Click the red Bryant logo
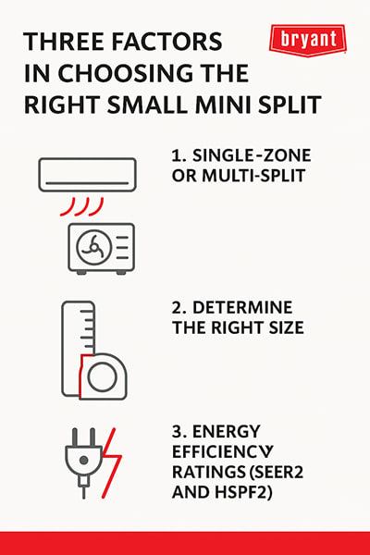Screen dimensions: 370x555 click(308, 40)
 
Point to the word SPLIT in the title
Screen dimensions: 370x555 click(290, 105)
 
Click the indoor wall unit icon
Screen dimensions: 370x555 click(88, 175)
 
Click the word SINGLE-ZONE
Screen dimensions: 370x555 click(252, 155)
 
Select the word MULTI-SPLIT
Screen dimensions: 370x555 click(253, 176)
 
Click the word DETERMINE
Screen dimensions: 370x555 click(242, 308)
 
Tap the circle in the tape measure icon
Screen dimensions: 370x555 click(103, 376)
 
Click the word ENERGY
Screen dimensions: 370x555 click(227, 431)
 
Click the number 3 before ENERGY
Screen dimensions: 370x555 click(177, 431)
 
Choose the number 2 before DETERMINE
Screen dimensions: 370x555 click(177, 308)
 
